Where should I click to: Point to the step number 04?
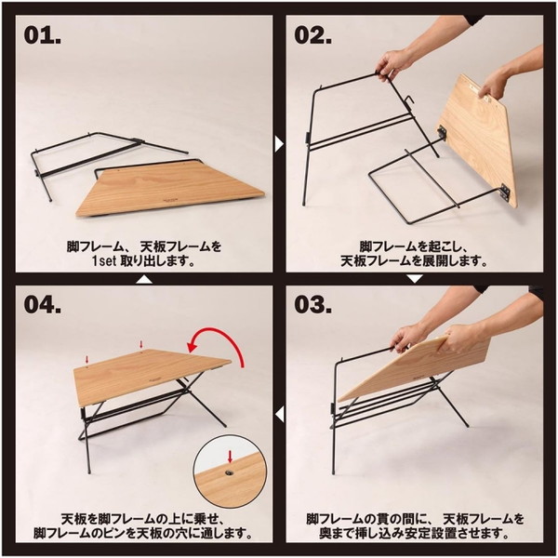[x=44, y=305]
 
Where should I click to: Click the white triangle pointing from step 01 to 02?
[x=279, y=143]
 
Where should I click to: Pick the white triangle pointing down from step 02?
[x=414, y=278]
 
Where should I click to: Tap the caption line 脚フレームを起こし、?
[x=414, y=245]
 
